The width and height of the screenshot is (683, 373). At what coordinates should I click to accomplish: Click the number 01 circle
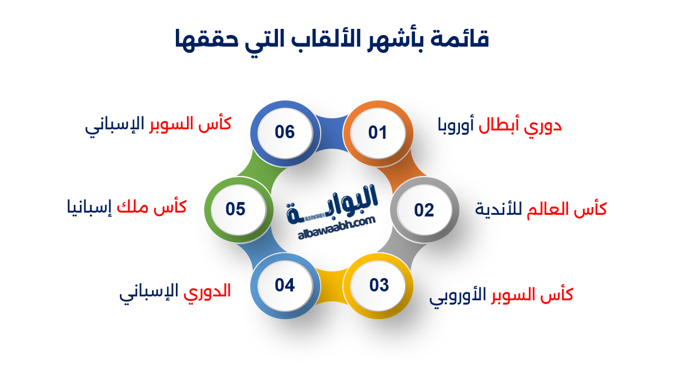click(377, 133)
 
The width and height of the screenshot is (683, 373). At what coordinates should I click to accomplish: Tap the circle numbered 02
click(424, 210)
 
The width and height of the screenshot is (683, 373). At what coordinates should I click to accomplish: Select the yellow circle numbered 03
click(380, 285)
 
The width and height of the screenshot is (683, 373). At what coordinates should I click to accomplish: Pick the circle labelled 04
click(285, 285)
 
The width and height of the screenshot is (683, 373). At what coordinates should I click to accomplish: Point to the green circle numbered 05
click(235, 209)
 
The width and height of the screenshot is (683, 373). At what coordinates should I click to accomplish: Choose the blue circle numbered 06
click(285, 133)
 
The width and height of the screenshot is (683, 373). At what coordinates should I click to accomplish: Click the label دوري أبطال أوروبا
click(500, 126)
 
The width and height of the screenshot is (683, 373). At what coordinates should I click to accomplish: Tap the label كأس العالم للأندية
click(541, 209)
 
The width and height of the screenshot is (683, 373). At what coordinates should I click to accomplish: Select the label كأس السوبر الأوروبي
click(501, 295)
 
